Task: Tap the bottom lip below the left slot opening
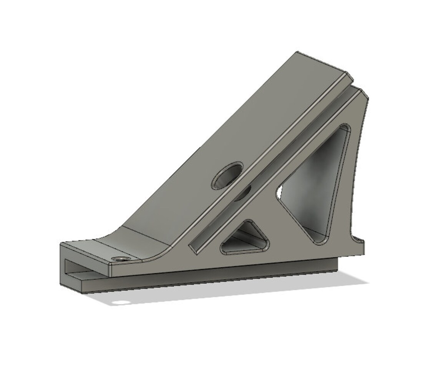(77, 283)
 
